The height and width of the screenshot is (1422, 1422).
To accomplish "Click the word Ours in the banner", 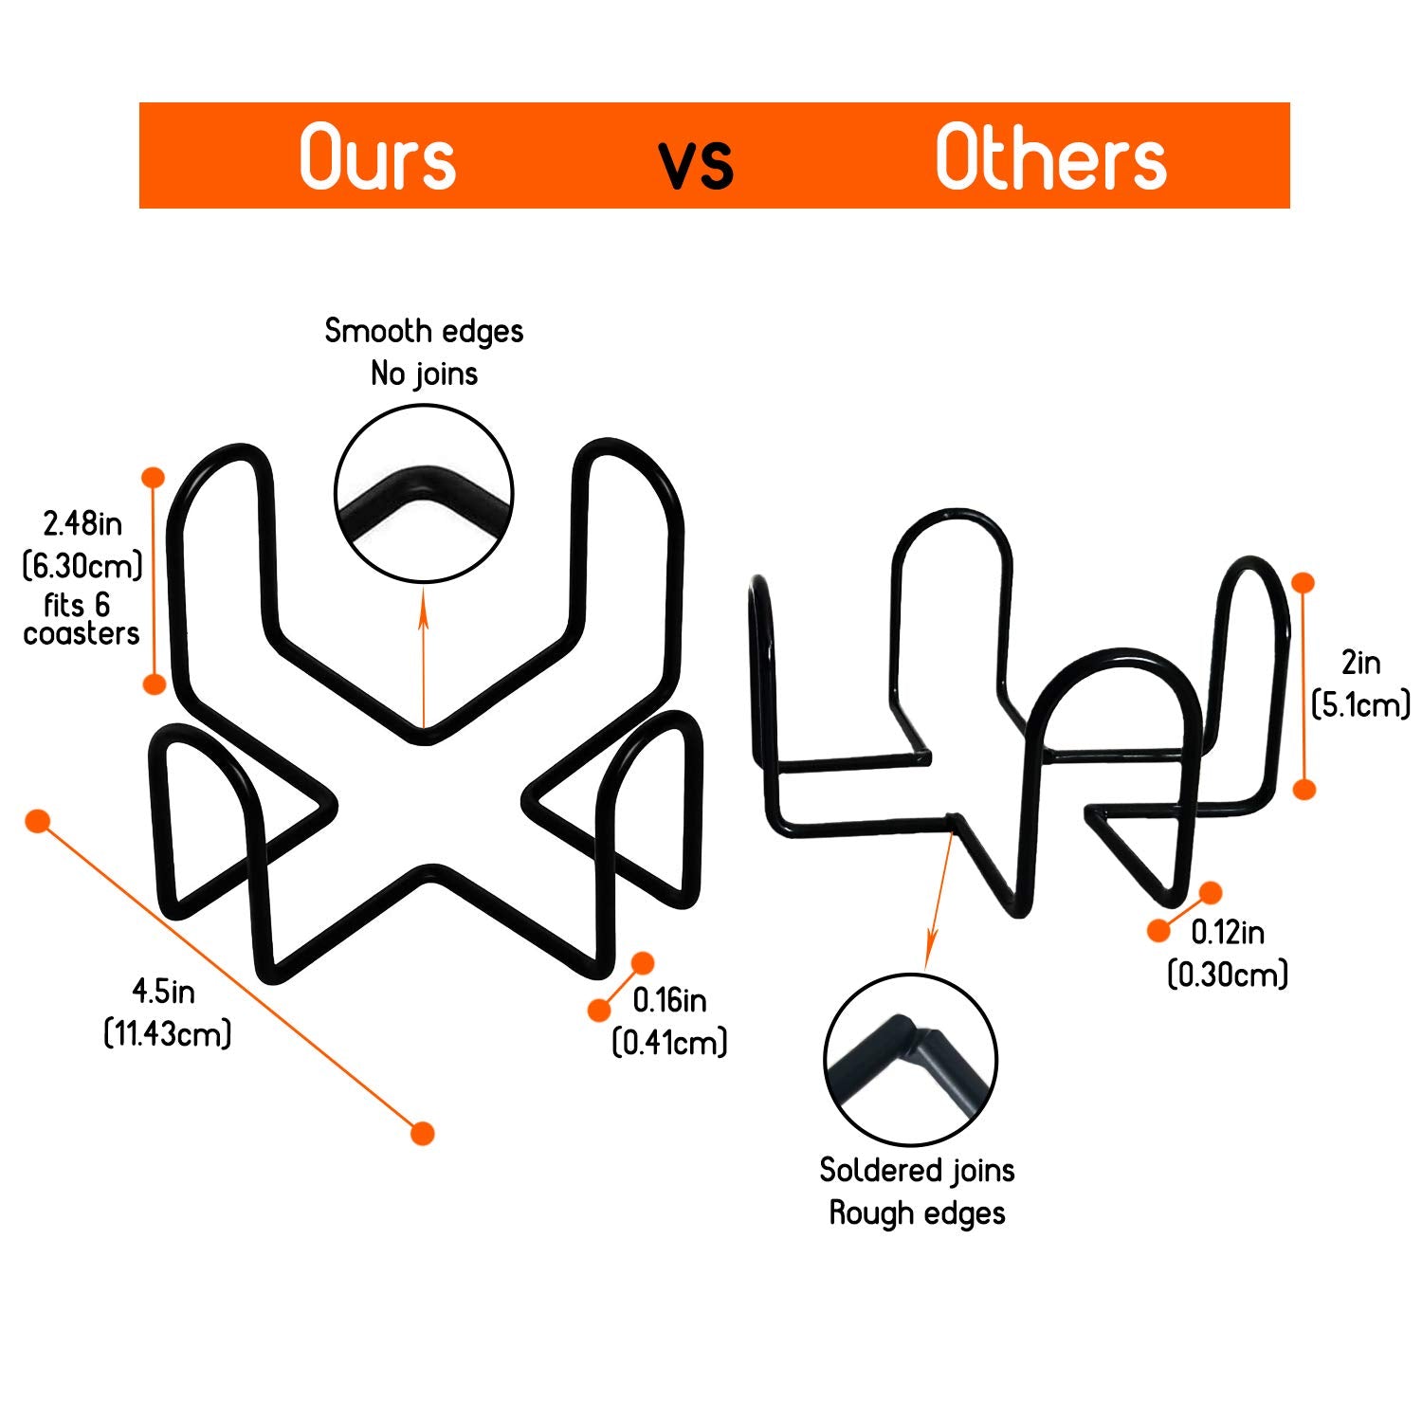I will click(x=377, y=157).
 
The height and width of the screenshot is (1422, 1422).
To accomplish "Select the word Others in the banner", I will click(x=1050, y=157).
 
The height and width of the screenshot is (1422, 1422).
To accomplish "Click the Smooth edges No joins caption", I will click(x=424, y=352).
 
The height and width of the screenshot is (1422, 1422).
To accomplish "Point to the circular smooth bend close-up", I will click(x=424, y=493).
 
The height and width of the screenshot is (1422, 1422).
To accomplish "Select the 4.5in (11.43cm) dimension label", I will click(x=167, y=1012).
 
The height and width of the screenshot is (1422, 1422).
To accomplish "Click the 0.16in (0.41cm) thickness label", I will click(x=669, y=1021).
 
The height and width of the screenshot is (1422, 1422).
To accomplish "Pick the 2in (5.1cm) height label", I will click(x=1360, y=683).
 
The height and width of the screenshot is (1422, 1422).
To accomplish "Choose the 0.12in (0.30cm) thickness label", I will click(x=1228, y=953).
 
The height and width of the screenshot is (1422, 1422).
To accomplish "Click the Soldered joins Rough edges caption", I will click(x=917, y=1192).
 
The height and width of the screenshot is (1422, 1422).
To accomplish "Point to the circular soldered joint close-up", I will click(x=910, y=1060).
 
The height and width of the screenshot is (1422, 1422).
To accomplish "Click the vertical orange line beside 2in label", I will click(x=1304, y=685).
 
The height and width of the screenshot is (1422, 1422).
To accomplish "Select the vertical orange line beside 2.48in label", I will click(x=154, y=580).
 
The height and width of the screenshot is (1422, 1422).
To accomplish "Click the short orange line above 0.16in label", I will click(x=621, y=986).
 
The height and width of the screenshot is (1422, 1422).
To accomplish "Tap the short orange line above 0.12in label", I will click(x=1185, y=911).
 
